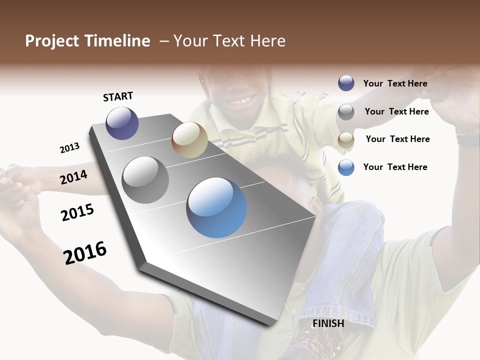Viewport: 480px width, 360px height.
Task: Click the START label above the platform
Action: [118, 96]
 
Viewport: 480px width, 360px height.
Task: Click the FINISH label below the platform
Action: [328, 323]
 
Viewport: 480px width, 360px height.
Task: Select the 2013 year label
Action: [69, 148]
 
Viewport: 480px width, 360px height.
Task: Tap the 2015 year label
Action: [77, 212]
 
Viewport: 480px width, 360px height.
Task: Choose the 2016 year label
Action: [85, 253]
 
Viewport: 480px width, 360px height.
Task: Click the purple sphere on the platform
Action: [122, 123]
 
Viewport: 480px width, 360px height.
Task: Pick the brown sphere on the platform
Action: [189, 140]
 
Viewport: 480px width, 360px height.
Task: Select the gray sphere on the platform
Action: [145, 180]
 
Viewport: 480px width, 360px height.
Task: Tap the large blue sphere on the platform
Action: [216, 207]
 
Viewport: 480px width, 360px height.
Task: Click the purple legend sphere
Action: [346, 83]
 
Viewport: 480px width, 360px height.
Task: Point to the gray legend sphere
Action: [346, 111]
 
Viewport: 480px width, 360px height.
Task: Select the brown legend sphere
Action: [346, 139]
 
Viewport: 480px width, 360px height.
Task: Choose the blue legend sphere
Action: [346, 167]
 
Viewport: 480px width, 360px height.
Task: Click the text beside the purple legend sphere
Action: [395, 83]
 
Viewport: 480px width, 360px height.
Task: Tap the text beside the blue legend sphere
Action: [395, 167]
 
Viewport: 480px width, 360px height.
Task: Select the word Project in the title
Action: [52, 41]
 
